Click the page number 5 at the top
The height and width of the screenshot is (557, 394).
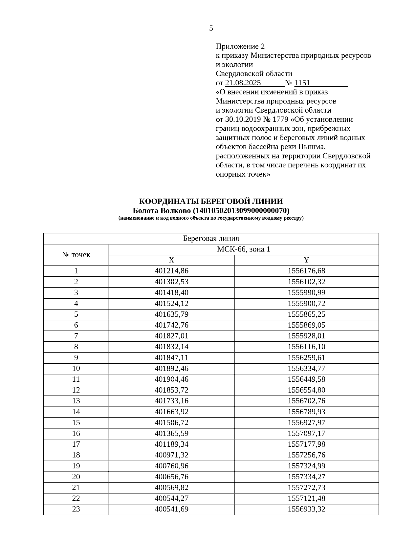click(x=211, y=28)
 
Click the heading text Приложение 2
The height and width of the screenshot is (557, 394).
click(x=240, y=46)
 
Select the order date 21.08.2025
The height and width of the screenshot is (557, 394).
click(x=243, y=83)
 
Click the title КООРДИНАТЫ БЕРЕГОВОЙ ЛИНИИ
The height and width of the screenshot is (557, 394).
click(x=211, y=201)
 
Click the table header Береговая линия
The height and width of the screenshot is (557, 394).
click(x=211, y=238)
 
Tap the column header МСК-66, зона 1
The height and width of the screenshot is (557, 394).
click(x=244, y=249)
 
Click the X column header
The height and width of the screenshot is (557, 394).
click(x=171, y=260)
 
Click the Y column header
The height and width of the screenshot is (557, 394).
click(x=306, y=260)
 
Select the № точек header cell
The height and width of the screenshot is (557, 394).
click(x=76, y=255)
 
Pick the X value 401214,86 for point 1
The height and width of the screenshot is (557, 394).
click(x=171, y=271)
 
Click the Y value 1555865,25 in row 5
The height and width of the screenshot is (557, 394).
click(x=306, y=314)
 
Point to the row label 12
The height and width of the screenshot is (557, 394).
click(x=76, y=390)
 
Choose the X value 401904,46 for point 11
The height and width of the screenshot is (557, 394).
click(x=171, y=379)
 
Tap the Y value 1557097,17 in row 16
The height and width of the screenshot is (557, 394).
click(x=306, y=433)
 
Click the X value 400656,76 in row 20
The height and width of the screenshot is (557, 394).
click(x=171, y=477)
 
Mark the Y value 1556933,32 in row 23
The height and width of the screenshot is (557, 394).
click(x=306, y=509)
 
